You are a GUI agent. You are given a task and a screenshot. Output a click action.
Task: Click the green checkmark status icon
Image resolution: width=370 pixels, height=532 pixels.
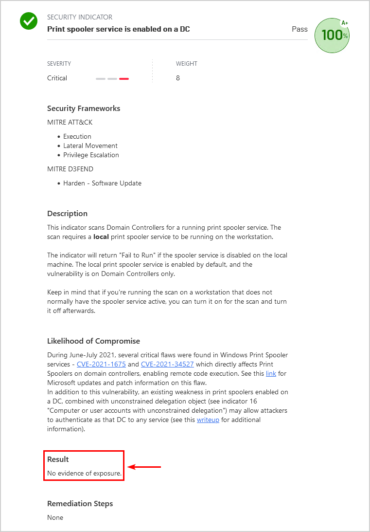(x=29, y=21)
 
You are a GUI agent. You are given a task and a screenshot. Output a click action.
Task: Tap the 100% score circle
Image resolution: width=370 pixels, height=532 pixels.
(x=332, y=36)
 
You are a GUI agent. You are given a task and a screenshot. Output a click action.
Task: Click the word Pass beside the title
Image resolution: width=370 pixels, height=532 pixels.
(x=300, y=29)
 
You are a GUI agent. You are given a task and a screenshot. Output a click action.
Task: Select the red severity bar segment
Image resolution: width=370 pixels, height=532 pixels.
(x=124, y=78)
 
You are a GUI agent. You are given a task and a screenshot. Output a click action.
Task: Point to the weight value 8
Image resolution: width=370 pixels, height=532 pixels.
(x=178, y=78)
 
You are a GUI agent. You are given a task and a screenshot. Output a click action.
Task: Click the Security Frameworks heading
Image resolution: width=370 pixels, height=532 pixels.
(x=84, y=109)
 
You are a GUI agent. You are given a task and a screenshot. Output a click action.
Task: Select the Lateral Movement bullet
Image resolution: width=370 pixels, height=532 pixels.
(x=90, y=146)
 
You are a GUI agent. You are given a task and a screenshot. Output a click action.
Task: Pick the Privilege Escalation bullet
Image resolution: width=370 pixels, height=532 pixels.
(x=91, y=155)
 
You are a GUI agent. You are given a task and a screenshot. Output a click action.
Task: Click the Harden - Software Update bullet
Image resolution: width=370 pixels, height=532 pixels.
(x=102, y=183)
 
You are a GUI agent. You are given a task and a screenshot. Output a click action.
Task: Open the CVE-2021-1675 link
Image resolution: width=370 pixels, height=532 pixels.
(x=101, y=364)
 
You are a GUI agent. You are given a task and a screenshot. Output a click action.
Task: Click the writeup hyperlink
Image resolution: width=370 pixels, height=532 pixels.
(x=209, y=420)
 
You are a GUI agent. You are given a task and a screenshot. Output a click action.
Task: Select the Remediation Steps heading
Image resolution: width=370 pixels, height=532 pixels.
(x=80, y=504)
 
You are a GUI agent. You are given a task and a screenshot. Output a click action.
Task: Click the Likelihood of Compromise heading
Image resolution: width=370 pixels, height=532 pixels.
(x=93, y=341)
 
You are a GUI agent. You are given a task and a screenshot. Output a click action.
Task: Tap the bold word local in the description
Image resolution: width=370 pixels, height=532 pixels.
(x=102, y=237)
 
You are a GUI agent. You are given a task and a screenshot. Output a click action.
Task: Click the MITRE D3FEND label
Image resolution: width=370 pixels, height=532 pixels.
(x=70, y=169)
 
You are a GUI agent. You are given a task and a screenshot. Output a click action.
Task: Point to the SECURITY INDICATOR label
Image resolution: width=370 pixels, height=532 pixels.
(x=80, y=18)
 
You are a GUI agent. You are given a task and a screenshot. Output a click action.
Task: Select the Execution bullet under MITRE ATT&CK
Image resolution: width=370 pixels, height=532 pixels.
(x=77, y=136)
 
